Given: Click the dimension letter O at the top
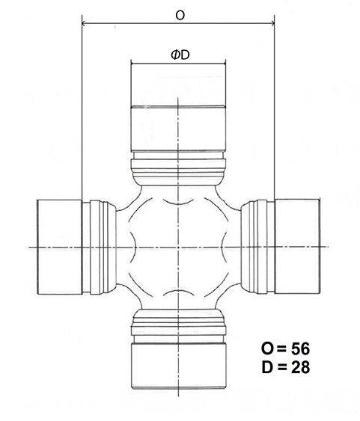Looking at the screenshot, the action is [180, 15].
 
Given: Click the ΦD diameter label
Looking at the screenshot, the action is [180, 55].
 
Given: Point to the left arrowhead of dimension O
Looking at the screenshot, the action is [84, 24].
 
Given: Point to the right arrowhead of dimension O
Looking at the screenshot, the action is [272, 24].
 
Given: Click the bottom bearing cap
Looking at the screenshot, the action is [178, 366].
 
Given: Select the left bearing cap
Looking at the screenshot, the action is [59, 247].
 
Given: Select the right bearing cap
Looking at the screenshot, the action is [297, 247].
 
